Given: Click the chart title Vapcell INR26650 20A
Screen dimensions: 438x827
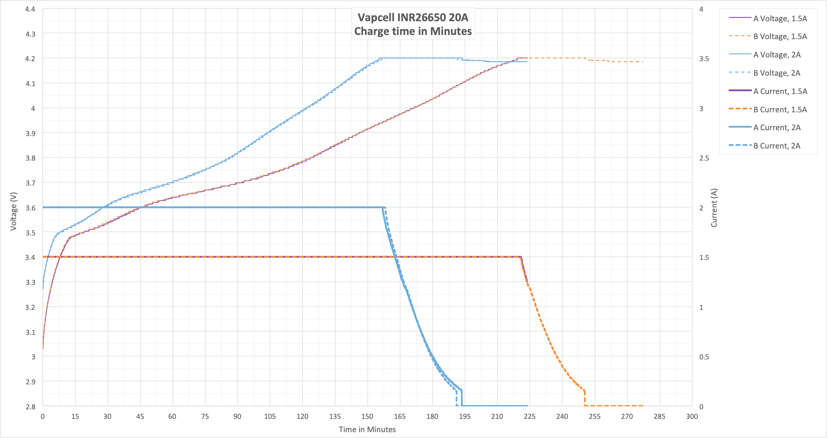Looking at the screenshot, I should tap(413, 17).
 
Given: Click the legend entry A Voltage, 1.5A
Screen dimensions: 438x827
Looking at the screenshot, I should tap(780, 18).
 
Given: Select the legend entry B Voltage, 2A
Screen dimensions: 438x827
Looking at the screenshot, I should tap(777, 73).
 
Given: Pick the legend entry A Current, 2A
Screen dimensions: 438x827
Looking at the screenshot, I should tap(777, 127).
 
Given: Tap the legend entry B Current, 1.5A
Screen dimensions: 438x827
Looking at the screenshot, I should tap(780, 109).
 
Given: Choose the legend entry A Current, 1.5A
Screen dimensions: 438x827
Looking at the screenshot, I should tap(780, 91).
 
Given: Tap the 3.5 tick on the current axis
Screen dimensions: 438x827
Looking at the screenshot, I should tap(704, 59).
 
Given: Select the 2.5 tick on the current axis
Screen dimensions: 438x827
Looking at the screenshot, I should tap(704, 158).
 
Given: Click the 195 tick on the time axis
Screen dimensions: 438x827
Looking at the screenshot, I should tap(465, 416).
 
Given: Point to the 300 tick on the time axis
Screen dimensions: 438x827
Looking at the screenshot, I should tap(692, 416).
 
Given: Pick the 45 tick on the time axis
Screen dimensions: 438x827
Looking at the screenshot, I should tap(140, 416).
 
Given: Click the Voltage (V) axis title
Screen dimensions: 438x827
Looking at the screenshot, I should tap(14, 211).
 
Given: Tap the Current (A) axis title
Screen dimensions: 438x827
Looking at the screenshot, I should tap(714, 208).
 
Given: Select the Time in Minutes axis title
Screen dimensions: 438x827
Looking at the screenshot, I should tap(367, 429).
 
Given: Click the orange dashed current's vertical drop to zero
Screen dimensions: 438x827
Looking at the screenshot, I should tap(585, 398).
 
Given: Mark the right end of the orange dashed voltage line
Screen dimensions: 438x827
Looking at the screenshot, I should tap(642, 62).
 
